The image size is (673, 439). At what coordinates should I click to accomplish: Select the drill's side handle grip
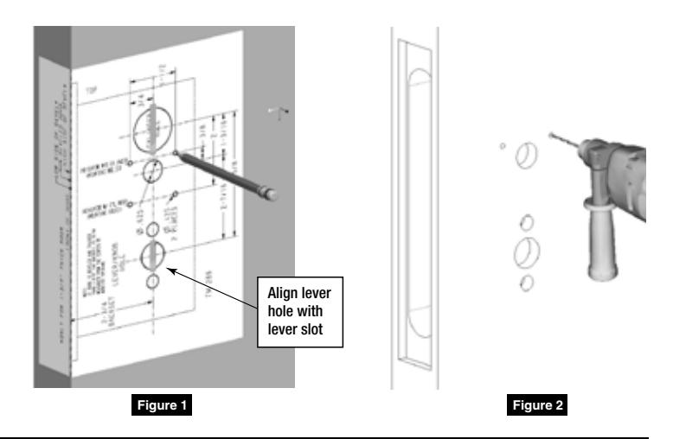tap(598, 242)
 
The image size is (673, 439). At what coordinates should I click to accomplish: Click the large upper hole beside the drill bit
tap(525, 156)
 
